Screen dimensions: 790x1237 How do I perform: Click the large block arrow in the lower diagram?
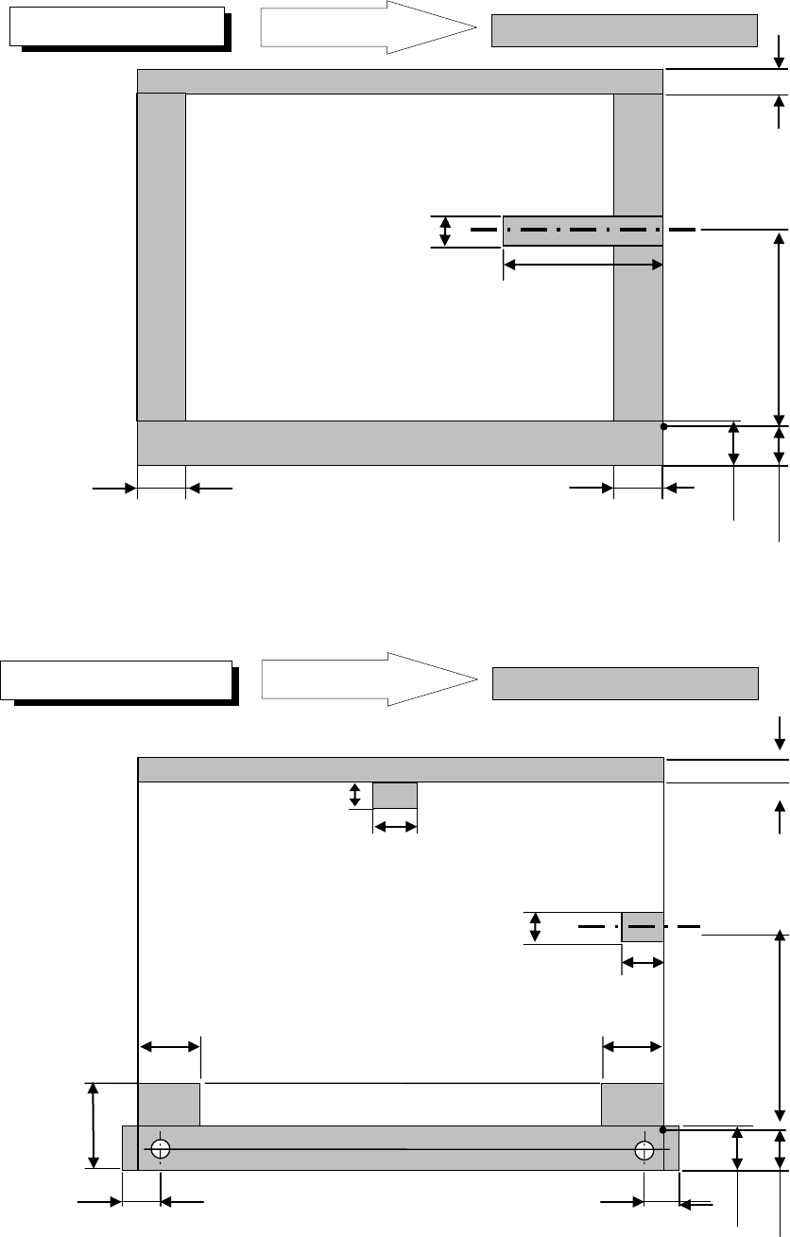pyautogui.click(x=369, y=679)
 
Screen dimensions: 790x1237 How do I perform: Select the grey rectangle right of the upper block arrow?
pyautogui.click(x=625, y=30)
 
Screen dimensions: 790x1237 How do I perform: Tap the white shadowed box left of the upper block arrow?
pyautogui.click(x=117, y=27)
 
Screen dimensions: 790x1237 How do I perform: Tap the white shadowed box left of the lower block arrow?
pyautogui.click(x=116, y=679)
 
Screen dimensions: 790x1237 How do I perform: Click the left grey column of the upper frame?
pyautogui.click(x=162, y=256)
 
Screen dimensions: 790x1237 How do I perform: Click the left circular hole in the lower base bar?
pyautogui.click(x=160, y=1149)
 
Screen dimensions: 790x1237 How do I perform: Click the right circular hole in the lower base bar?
pyautogui.click(x=644, y=1149)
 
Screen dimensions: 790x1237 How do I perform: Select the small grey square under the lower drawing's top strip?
pyautogui.click(x=395, y=796)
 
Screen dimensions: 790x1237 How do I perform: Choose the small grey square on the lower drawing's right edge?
pyautogui.click(x=643, y=927)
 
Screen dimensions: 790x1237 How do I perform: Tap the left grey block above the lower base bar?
pyautogui.click(x=169, y=1105)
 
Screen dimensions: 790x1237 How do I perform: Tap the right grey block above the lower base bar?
pyautogui.click(x=631, y=1105)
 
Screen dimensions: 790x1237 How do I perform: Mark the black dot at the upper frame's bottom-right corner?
pyautogui.click(x=663, y=427)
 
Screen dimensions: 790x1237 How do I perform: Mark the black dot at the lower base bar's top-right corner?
pyautogui.click(x=663, y=1129)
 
